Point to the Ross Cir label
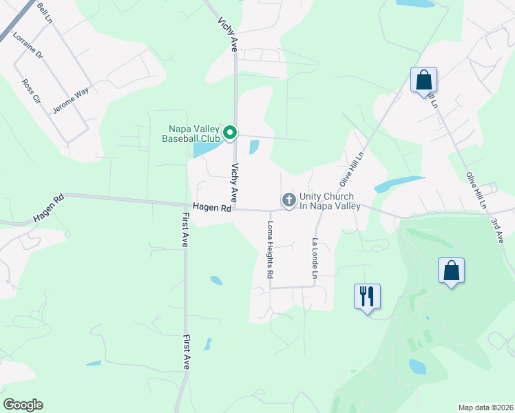(32, 91)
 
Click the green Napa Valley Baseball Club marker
(230, 132)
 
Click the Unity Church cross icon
(288, 200)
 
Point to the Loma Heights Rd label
(270, 249)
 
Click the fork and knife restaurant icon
(366, 297)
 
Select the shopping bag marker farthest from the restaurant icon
(423, 79)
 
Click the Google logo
(23, 405)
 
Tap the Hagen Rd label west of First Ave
(48, 209)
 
